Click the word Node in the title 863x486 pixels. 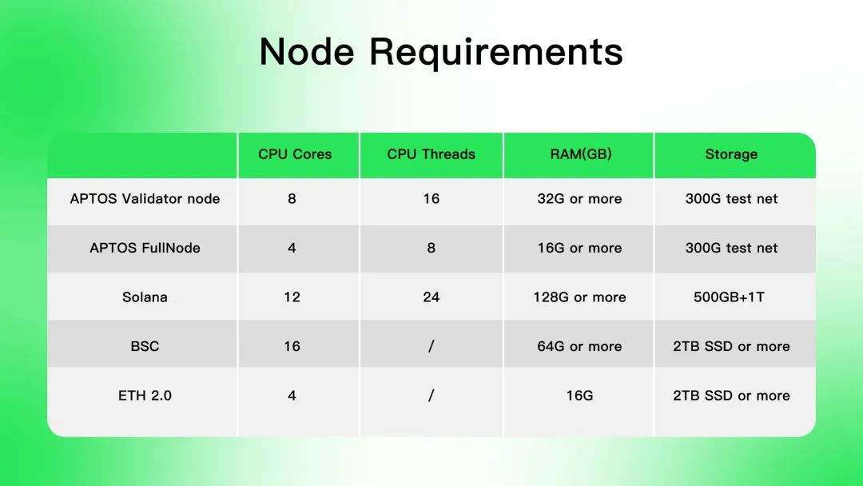307,52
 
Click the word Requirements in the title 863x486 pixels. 496,52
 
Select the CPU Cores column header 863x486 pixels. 295,154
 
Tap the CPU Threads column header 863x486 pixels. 431,154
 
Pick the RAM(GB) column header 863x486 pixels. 581,154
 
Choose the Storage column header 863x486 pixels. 731,154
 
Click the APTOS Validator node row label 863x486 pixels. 145,199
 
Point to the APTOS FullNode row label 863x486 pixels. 145,248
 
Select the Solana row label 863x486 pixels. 145,297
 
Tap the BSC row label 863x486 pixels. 145,346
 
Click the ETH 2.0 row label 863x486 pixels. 145,395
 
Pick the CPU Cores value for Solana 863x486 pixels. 292,297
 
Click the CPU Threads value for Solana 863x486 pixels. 431,297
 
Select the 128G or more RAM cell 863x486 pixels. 579,297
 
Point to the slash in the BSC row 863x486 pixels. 431,346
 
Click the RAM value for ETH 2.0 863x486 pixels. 579,395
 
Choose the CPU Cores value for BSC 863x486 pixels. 292,346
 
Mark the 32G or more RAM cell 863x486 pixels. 579,199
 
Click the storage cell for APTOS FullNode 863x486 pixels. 731,248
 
